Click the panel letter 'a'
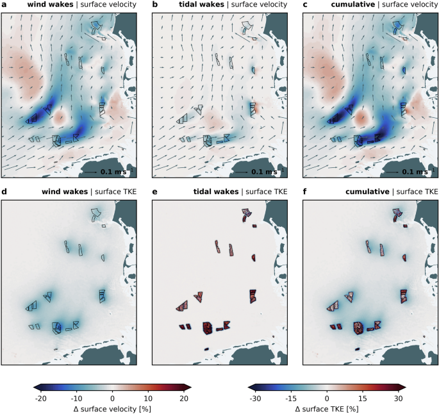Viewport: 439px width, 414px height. [x=4, y=5]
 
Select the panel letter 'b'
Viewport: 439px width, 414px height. [x=154, y=5]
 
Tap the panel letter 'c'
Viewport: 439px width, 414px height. [x=305, y=5]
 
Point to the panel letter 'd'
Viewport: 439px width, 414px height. [x=4, y=192]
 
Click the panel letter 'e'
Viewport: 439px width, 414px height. [x=154, y=192]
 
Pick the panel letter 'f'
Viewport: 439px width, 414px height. [x=304, y=192]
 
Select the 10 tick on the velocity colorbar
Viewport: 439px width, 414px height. [x=148, y=398]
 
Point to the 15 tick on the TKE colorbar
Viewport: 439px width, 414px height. [x=363, y=398]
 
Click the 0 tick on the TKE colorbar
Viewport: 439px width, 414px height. [x=327, y=398]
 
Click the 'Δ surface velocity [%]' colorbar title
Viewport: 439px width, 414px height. [x=112, y=408]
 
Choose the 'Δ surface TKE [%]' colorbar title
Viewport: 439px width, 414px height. [x=327, y=408]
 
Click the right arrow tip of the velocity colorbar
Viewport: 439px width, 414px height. [x=190, y=386]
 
